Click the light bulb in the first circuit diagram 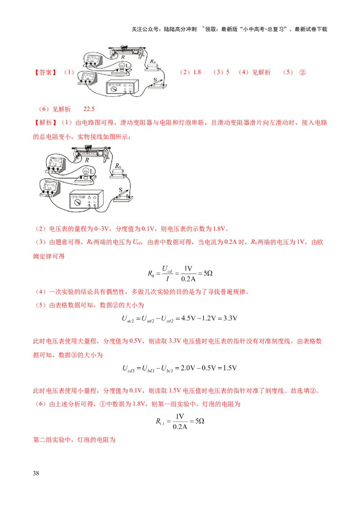click(x=121, y=66)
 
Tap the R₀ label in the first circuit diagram click(x=153, y=61)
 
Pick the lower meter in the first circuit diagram click(x=89, y=78)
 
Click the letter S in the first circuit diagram click(x=155, y=79)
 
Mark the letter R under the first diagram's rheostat click(x=122, y=57)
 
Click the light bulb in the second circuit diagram click(x=86, y=171)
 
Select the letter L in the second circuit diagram click(x=92, y=171)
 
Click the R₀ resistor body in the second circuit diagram click(x=119, y=174)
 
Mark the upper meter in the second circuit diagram click(x=55, y=164)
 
